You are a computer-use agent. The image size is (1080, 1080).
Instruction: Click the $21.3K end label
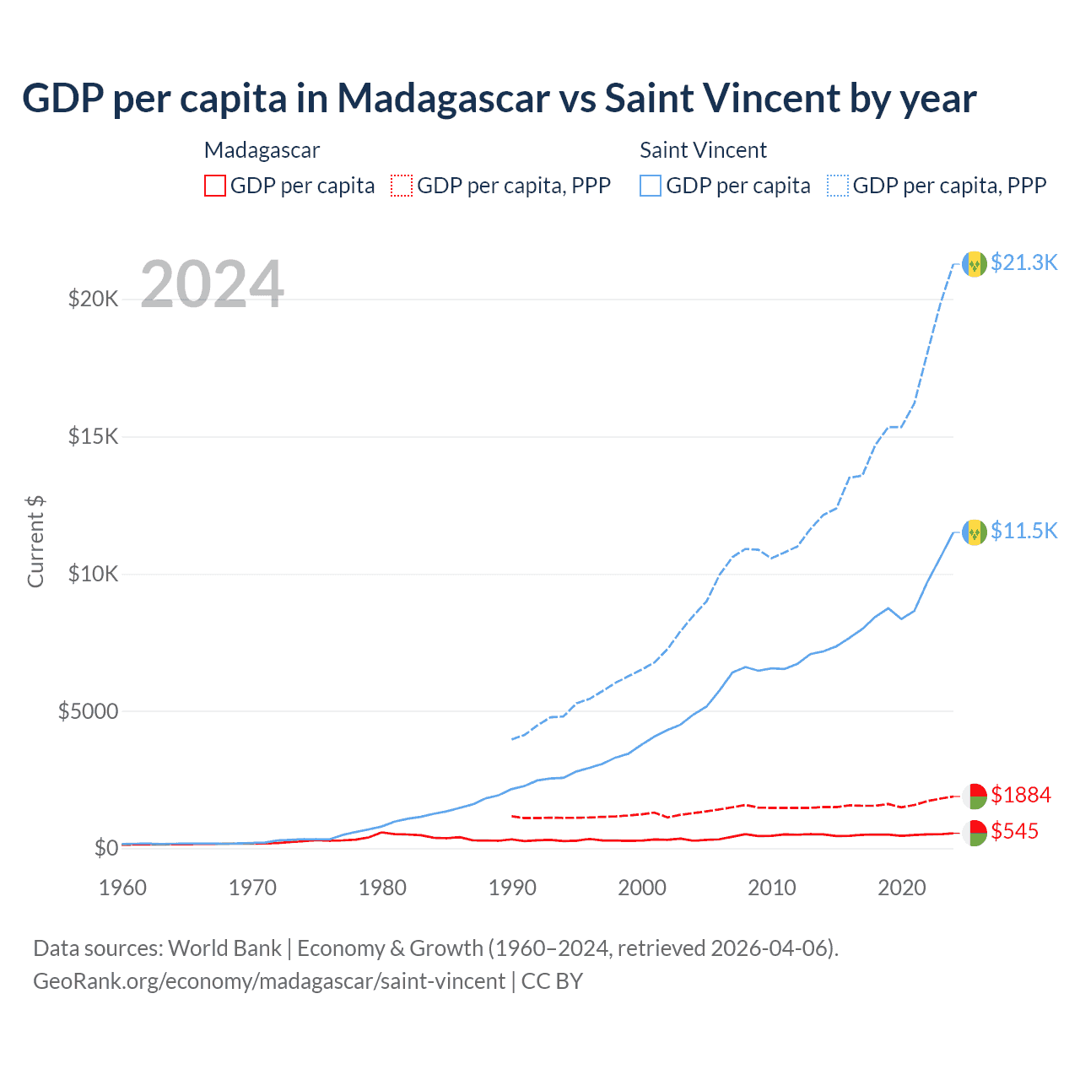(x=1023, y=262)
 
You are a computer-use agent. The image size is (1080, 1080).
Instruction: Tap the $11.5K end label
(x=1023, y=531)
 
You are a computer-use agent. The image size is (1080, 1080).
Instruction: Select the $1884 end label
(x=1020, y=795)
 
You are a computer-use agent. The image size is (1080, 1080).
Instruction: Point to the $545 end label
(x=1014, y=831)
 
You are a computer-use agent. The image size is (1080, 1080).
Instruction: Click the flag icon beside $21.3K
(x=975, y=264)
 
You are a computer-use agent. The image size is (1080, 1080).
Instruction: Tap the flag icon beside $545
(x=975, y=833)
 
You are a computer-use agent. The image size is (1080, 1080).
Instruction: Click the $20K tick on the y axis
(x=94, y=299)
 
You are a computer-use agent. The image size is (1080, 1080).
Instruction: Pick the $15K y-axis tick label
(x=94, y=436)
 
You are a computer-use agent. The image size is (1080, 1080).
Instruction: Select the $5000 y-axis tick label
(x=88, y=711)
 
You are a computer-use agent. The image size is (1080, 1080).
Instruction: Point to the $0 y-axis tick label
(x=105, y=848)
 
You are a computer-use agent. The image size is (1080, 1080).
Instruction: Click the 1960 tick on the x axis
(x=123, y=888)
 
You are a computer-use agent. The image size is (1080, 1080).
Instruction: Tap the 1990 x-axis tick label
(x=512, y=888)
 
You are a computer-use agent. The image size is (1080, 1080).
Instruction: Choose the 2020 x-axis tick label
(x=902, y=888)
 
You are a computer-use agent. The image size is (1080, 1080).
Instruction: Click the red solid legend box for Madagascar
(x=215, y=186)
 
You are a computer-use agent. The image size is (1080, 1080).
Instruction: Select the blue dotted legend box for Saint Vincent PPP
(x=838, y=186)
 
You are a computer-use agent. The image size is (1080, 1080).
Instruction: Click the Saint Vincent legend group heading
(x=703, y=150)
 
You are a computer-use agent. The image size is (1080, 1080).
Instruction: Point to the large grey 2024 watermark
(x=212, y=283)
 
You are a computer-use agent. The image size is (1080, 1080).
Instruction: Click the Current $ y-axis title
(x=35, y=542)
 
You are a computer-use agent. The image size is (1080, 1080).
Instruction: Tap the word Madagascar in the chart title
(x=444, y=99)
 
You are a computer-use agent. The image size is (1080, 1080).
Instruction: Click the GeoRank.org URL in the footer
(x=269, y=981)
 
